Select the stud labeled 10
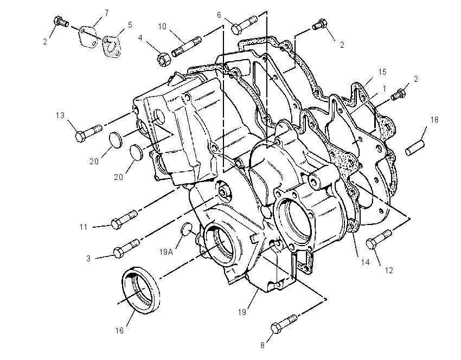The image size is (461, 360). (x=187, y=47)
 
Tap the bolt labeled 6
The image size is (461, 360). (x=244, y=25)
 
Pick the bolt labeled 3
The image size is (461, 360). (x=126, y=249)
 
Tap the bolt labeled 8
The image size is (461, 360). (x=284, y=324)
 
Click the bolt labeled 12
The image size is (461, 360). (x=379, y=239)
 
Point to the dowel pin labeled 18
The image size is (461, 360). (x=415, y=148)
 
